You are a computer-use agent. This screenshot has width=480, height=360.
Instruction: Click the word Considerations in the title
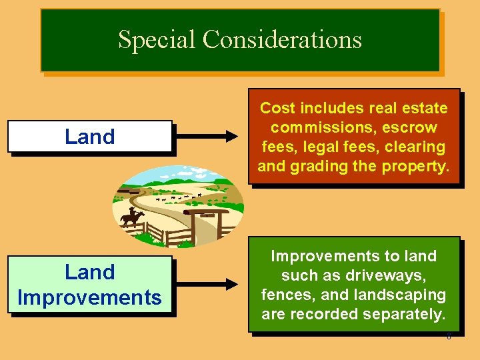[x=282, y=40]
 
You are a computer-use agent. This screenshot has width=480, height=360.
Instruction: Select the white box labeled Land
[x=89, y=137]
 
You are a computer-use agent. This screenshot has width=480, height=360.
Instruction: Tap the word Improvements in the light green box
[x=89, y=297]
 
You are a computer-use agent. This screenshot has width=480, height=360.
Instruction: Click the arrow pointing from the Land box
[x=209, y=137]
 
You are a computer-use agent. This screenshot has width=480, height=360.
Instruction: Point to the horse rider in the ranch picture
[x=131, y=217]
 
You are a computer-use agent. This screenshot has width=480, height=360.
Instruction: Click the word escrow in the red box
[x=411, y=127]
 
